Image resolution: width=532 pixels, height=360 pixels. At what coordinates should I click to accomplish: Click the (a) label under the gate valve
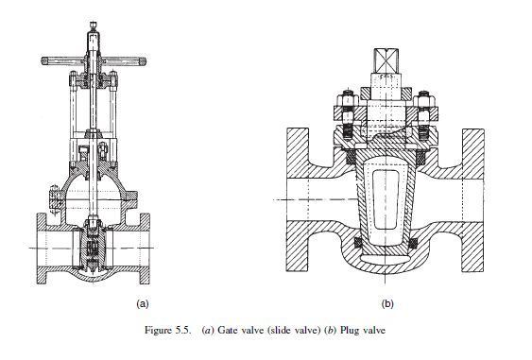click(x=143, y=303)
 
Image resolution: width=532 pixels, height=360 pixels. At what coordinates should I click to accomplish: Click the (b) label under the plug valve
click(x=387, y=303)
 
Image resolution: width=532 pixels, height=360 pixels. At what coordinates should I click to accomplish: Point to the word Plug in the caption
click(x=349, y=330)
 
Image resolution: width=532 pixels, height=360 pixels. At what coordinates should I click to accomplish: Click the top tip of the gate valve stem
click(x=94, y=23)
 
